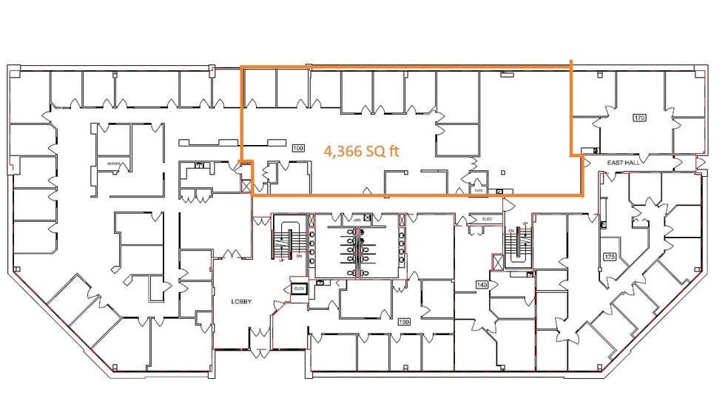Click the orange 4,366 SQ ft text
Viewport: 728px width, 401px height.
(x=362, y=151)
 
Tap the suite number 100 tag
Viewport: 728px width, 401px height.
(x=298, y=149)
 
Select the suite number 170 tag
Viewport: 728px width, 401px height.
(x=639, y=117)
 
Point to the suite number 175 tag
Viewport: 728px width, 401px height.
(x=610, y=257)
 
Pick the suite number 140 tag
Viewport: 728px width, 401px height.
(x=482, y=284)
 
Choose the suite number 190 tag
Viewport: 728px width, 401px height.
(x=404, y=322)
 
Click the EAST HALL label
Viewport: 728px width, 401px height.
(x=621, y=161)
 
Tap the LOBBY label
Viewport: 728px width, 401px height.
(x=242, y=301)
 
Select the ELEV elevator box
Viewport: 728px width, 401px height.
(x=300, y=289)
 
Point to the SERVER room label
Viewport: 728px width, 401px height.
(x=113, y=164)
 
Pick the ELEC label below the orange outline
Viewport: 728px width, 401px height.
(x=488, y=219)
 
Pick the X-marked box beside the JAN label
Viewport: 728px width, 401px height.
(x=402, y=220)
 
